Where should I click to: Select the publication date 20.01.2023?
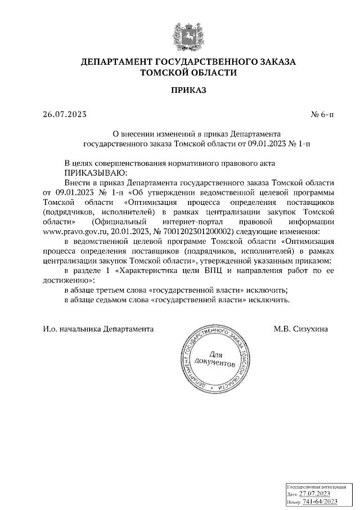123,231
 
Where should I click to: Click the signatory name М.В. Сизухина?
300,328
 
